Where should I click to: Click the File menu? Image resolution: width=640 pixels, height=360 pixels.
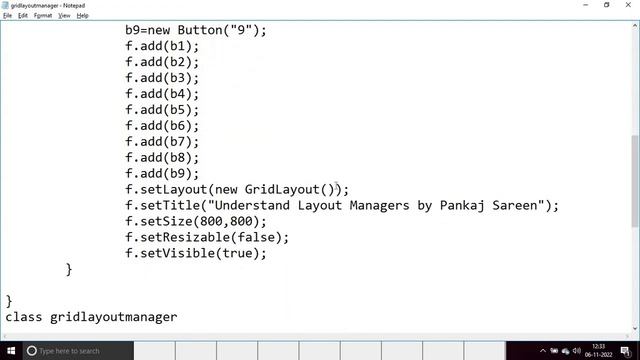click(8, 16)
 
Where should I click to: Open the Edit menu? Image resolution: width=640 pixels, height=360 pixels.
click(22, 16)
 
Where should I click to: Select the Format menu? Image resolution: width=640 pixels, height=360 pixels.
click(43, 16)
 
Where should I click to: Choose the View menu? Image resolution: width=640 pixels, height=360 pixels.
click(64, 16)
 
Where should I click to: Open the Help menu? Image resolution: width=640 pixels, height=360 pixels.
click(83, 16)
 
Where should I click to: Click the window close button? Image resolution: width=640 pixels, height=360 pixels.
click(628, 5)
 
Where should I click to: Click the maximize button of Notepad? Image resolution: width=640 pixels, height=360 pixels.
click(606, 5)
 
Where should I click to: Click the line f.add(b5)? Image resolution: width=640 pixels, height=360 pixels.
click(162, 110)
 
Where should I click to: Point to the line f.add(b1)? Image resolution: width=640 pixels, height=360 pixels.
click(162, 46)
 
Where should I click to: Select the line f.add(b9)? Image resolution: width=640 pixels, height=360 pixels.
click(162, 174)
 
